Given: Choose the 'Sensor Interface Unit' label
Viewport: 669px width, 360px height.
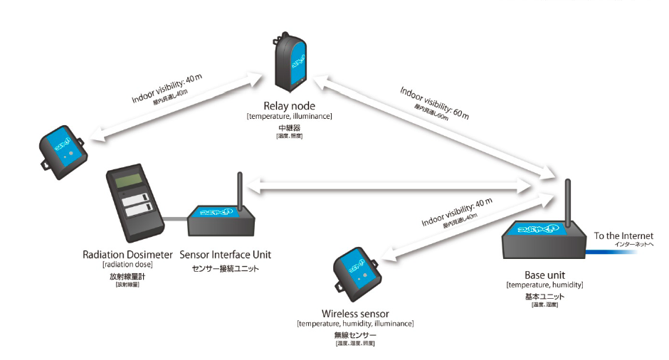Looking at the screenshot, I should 226,254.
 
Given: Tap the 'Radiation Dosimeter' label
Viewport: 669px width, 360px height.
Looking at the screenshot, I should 128,254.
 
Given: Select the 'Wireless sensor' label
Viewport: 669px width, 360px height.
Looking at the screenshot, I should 355,313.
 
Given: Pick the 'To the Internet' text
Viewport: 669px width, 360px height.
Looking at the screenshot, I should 623,236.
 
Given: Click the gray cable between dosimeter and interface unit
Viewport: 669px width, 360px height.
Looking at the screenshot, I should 176,216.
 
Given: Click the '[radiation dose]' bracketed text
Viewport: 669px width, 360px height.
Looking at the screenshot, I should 128,265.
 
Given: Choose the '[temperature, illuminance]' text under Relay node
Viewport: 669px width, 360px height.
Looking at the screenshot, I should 290,115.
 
